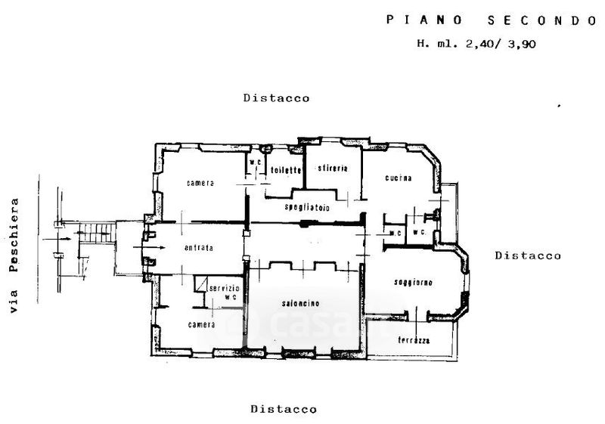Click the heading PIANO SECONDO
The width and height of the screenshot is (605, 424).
coord(492,20)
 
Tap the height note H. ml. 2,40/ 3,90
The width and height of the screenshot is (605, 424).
coord(476,44)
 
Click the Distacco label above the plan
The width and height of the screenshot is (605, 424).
coord(276,98)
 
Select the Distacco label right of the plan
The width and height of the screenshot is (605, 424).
coord(528,255)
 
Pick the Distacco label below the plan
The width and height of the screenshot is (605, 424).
coord(284,410)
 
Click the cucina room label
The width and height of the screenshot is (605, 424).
coord(398,178)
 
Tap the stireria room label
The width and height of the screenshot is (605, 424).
coord(332,168)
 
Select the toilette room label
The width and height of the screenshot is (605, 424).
coord(286,170)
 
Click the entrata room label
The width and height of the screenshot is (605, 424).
coord(198,248)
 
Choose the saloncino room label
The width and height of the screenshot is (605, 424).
coord(302,304)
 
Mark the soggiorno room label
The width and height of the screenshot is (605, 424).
coord(413,283)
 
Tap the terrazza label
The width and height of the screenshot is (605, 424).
coord(414,340)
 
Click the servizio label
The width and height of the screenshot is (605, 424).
coord(225,289)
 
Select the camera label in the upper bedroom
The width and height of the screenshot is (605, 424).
coord(201,183)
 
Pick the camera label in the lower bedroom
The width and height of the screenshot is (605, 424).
coord(202,324)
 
